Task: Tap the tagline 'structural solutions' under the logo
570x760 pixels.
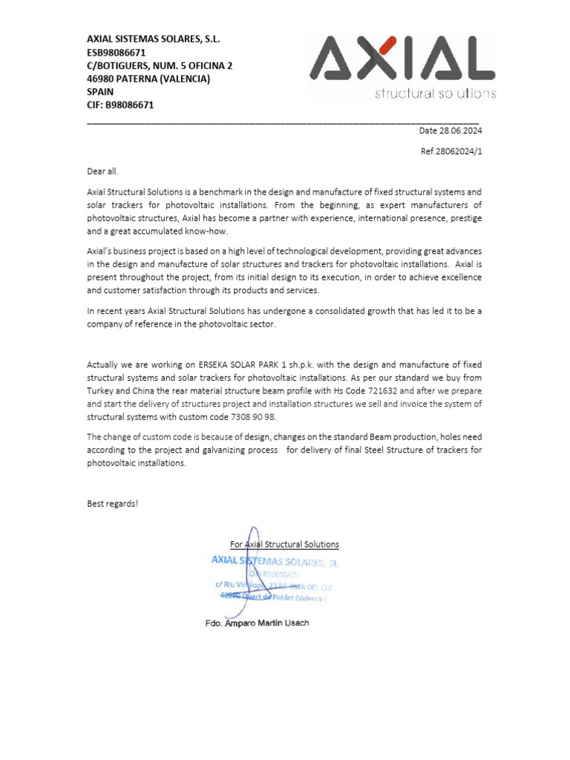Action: [435, 94]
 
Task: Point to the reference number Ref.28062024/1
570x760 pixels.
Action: [451, 151]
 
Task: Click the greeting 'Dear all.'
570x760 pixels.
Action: [102, 171]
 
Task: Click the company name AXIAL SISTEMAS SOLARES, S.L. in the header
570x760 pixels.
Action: [154, 39]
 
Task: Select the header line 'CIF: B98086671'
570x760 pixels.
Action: [120, 105]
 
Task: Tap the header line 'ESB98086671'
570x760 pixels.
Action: [117, 53]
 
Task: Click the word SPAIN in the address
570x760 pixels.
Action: [100, 91]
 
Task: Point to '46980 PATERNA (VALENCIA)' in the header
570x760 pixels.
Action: [148, 79]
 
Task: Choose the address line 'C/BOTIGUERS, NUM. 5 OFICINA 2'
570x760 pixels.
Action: [160, 65]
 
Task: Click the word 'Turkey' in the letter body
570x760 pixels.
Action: [101, 390]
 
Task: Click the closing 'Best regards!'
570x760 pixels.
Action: [112, 503]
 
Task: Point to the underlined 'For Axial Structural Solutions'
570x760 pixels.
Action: [284, 544]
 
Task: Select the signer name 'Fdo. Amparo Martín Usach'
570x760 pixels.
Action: [257, 623]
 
